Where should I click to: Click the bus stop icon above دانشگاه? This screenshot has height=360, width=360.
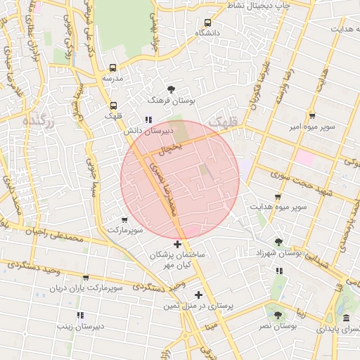[x=207, y=22]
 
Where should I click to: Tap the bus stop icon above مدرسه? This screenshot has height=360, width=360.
[x=112, y=68]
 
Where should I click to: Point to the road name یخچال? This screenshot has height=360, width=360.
[x=172, y=148]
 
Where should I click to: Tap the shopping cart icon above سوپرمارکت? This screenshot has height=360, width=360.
[x=124, y=220]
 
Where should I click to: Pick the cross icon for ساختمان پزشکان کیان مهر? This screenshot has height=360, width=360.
[x=177, y=243]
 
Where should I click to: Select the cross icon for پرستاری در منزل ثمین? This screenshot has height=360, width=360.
[x=198, y=295]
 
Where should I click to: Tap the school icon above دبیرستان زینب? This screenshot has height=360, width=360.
[x=80, y=316]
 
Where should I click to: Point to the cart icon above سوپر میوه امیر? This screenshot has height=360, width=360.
[x=311, y=116]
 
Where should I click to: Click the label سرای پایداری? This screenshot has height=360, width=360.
[x=337, y=329]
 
